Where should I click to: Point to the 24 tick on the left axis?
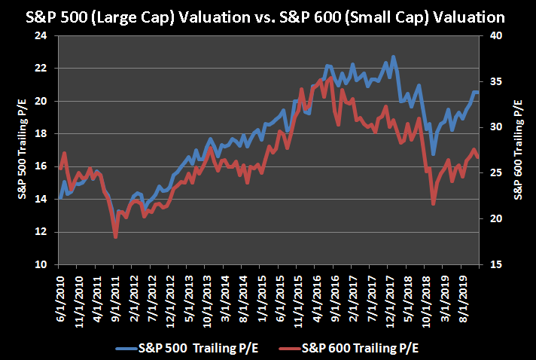(40, 35)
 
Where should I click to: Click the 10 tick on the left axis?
(40, 265)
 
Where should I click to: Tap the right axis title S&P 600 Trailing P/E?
(519, 150)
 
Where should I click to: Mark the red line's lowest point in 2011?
(116, 236)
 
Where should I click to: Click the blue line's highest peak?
(393, 57)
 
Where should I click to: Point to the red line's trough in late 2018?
(434, 203)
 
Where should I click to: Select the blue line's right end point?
(477, 92)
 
